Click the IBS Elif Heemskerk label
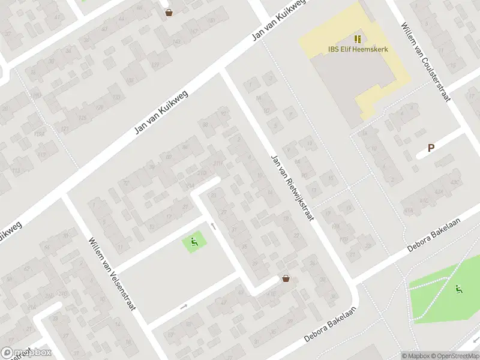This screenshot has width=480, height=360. pyautogui.click(x=358, y=49)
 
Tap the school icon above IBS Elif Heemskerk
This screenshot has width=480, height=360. pyautogui.click(x=358, y=39)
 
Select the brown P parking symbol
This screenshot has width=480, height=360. pyautogui.click(x=431, y=148)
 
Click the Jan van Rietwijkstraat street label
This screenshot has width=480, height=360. pyautogui.click(x=293, y=187)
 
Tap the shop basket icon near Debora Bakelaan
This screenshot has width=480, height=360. pyautogui.click(x=286, y=278)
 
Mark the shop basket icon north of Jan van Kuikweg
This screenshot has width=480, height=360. pyautogui.click(x=169, y=12)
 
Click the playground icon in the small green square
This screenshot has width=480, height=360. pyautogui.click(x=194, y=242)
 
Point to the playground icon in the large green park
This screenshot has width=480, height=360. pyautogui.click(x=459, y=289)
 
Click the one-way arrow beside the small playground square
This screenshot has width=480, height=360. pyautogui.click(x=213, y=226)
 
